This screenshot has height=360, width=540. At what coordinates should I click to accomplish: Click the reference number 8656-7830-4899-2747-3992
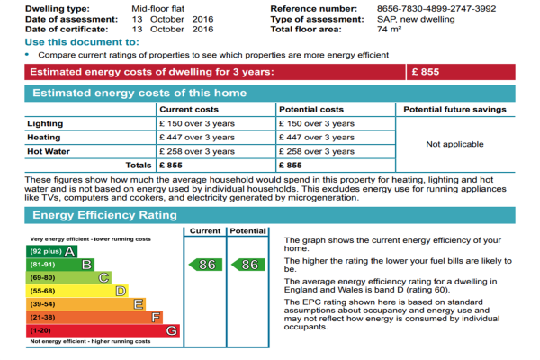tap(436, 9)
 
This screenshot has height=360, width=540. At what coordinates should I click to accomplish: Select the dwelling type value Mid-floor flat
tap(158, 9)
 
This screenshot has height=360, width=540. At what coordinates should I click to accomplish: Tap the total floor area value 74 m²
tap(389, 30)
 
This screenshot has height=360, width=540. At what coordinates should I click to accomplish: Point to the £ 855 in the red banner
tap(426, 72)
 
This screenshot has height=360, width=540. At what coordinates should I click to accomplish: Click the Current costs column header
tap(189, 110)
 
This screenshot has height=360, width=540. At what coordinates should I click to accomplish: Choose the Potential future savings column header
tap(454, 110)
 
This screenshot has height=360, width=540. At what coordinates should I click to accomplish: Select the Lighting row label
tap(45, 123)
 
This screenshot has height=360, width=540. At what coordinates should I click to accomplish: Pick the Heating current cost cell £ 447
tap(197, 138)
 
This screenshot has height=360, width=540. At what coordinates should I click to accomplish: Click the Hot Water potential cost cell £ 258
tap(317, 151)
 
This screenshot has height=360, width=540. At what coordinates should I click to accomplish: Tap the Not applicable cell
tap(454, 144)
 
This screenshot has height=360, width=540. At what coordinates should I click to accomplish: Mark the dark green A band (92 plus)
tap(51, 251)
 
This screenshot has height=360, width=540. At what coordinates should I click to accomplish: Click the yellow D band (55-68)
tap(77, 291)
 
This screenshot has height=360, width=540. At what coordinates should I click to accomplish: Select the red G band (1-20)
tap(103, 330)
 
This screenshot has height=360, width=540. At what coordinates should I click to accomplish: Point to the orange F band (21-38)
tap(94, 318)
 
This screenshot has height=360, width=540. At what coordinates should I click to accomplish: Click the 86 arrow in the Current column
tap(205, 265)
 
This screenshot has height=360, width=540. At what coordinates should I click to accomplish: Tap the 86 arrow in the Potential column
tap(248, 265)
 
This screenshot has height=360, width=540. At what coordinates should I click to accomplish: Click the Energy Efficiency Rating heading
tap(104, 215)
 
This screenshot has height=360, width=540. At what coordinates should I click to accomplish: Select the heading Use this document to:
tap(82, 42)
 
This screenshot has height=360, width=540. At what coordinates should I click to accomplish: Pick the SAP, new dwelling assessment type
tap(416, 19)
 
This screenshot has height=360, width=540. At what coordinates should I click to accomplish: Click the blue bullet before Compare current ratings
tap(27, 54)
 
